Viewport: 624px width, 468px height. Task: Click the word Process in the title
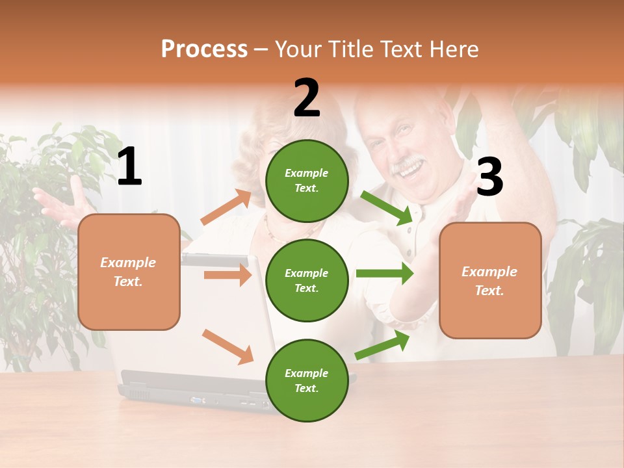[x=204, y=49]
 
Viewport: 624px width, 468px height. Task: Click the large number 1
[x=129, y=166]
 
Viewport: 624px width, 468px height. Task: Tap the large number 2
[x=307, y=98]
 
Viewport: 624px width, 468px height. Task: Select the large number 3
[x=489, y=177]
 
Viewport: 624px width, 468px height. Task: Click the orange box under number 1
[x=129, y=272]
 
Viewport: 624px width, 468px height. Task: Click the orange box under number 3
[x=490, y=280]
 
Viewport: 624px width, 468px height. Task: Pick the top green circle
[x=307, y=181]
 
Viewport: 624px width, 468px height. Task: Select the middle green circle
[x=307, y=281]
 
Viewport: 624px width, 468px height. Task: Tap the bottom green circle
[x=307, y=380]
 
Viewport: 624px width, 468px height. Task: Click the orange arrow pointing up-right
[x=226, y=208]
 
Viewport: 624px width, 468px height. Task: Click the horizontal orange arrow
[x=227, y=275]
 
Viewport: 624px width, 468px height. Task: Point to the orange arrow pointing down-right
[x=227, y=346]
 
